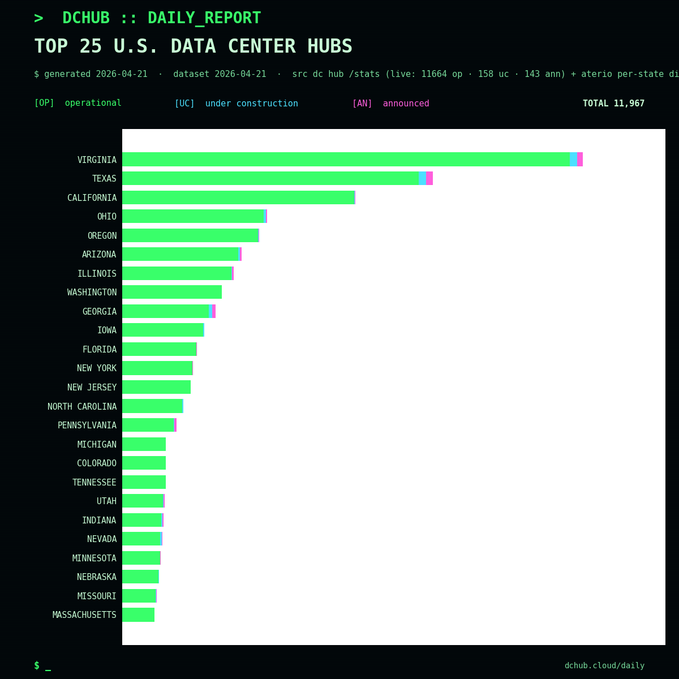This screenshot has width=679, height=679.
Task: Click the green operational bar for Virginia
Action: point(345,160)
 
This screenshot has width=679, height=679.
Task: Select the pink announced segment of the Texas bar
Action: point(429,178)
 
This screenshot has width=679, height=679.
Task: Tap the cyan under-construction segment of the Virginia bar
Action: point(574,160)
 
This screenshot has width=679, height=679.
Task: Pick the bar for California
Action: point(238,197)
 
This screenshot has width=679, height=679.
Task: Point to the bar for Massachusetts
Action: point(138,615)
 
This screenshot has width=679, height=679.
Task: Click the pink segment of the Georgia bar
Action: point(214,311)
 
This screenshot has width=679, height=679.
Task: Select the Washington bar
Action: point(171,292)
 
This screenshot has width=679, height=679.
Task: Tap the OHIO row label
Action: point(106,217)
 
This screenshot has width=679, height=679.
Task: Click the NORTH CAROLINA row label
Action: point(82,406)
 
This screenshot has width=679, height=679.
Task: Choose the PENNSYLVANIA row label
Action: point(87,426)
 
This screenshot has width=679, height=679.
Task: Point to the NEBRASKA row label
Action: point(96,577)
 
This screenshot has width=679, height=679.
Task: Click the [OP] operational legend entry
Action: point(78,104)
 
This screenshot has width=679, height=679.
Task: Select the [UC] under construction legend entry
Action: point(236,104)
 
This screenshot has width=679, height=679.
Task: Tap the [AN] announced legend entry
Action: point(390,104)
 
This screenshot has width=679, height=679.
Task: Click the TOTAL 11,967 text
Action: point(613,104)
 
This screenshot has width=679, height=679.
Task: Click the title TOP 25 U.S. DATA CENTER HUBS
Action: point(193,46)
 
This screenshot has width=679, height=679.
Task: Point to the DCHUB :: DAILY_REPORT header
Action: point(161,18)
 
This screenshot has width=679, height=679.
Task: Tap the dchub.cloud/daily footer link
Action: point(604,666)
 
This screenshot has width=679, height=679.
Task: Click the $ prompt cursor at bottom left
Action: point(42,666)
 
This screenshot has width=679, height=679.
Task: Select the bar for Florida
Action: point(159,349)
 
